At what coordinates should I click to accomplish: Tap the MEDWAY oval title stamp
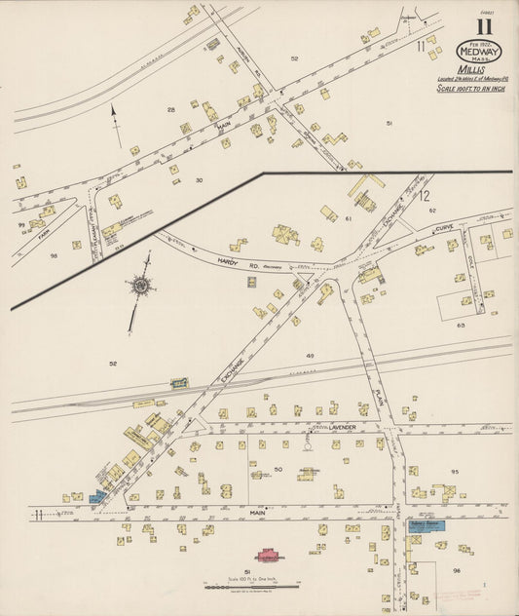(479, 51)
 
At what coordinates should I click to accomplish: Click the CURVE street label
(444, 227)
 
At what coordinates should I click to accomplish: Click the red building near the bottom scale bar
(267, 556)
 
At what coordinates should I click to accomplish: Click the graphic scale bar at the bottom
(251, 587)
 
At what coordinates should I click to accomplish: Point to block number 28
(170, 110)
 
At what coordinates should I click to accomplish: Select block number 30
(199, 180)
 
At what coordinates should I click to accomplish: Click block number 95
(454, 472)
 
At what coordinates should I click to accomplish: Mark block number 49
(310, 357)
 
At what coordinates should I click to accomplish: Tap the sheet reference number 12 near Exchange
(425, 196)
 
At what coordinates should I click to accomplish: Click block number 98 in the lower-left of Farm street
(55, 256)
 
